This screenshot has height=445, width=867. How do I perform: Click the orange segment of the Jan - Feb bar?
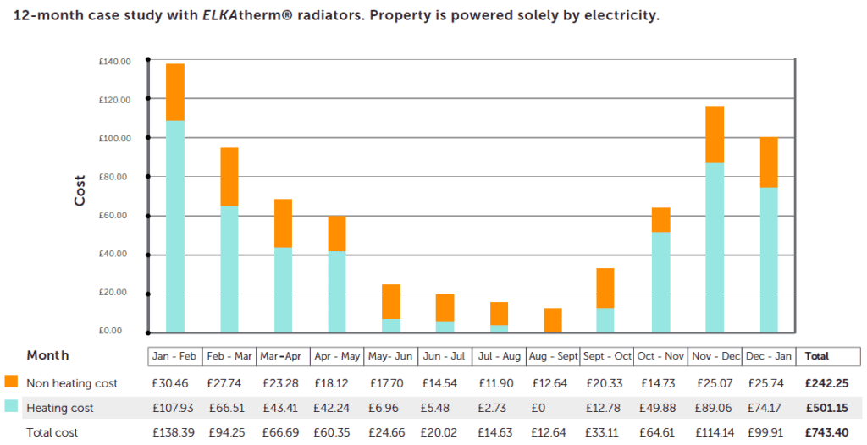[175, 92]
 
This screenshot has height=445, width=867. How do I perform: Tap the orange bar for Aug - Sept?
[552, 320]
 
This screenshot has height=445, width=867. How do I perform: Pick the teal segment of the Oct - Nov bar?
[660, 282]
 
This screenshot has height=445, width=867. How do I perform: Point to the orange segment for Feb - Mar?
[229, 177]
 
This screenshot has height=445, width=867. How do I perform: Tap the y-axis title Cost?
[80, 191]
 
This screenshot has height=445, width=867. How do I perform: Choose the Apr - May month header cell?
[336, 356]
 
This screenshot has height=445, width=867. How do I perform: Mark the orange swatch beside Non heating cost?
[11, 382]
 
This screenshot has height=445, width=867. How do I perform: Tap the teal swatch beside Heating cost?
[11, 407]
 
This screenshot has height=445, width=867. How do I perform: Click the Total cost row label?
[53, 432]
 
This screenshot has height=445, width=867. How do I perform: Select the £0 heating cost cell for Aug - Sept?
[552, 408]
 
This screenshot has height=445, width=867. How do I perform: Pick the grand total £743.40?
[823, 432]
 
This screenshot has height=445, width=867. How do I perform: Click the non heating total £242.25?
[823, 383]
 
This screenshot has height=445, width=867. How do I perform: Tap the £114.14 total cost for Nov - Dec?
[715, 432]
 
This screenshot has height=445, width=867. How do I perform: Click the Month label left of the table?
[47, 355]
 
